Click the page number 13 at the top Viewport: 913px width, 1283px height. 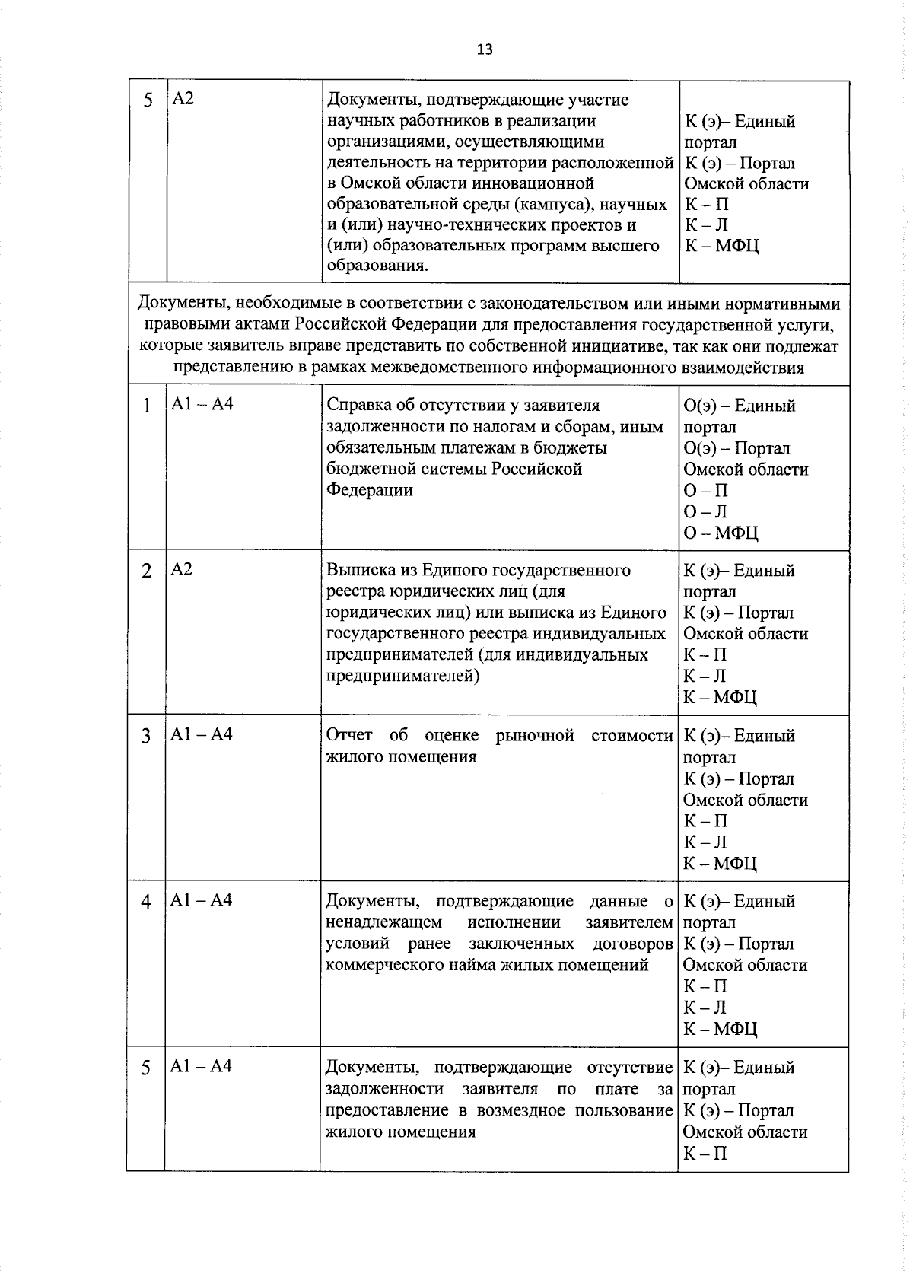(x=485, y=50)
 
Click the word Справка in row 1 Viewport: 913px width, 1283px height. (x=356, y=406)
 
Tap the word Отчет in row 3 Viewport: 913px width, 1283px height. (x=349, y=735)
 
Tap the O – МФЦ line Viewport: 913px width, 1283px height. (x=720, y=533)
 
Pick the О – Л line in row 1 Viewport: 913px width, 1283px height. (x=705, y=511)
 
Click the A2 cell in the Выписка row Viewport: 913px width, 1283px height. (x=182, y=569)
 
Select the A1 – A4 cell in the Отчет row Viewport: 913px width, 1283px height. (x=201, y=734)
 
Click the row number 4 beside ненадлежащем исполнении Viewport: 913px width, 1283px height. (x=145, y=902)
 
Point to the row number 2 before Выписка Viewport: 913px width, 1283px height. (x=146, y=571)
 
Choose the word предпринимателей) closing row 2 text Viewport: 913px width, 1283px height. (x=402, y=675)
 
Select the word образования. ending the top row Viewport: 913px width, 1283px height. (x=377, y=266)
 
